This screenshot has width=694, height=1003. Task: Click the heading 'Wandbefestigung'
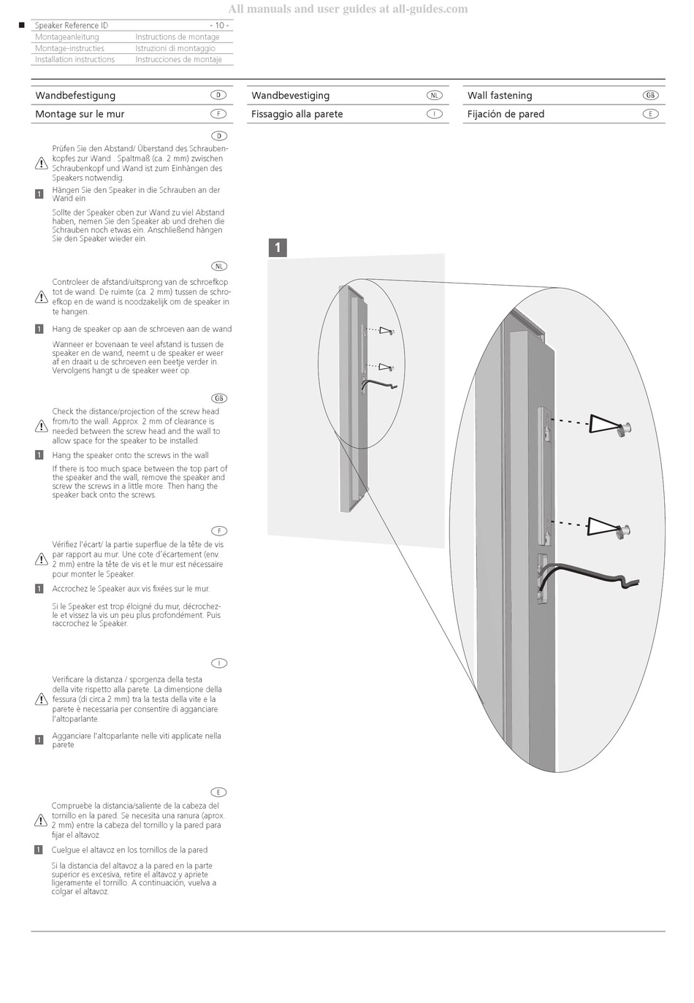coord(75,96)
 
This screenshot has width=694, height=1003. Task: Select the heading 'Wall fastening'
coord(500,96)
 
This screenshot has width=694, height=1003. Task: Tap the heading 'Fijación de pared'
coord(506,114)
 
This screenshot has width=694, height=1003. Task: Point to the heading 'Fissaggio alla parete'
coord(297,114)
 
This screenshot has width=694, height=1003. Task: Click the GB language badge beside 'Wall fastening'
coord(650,95)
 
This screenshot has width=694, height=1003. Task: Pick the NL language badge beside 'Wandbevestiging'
coord(434,95)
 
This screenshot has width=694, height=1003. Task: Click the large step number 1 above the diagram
coord(278,248)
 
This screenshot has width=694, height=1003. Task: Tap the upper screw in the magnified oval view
coord(625,428)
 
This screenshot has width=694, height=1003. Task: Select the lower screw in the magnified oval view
coord(625,531)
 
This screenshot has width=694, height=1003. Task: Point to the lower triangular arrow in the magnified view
coord(603,527)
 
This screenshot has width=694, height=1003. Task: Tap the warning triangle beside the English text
coord(42,426)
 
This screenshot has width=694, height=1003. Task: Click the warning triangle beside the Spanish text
coord(41,820)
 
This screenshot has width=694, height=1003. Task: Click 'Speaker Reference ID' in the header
coord(72,26)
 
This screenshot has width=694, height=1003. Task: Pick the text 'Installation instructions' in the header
coord(75,60)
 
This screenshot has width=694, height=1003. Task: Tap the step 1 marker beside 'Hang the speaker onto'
coord(39,455)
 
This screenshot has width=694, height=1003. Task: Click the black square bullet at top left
coord(21,26)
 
